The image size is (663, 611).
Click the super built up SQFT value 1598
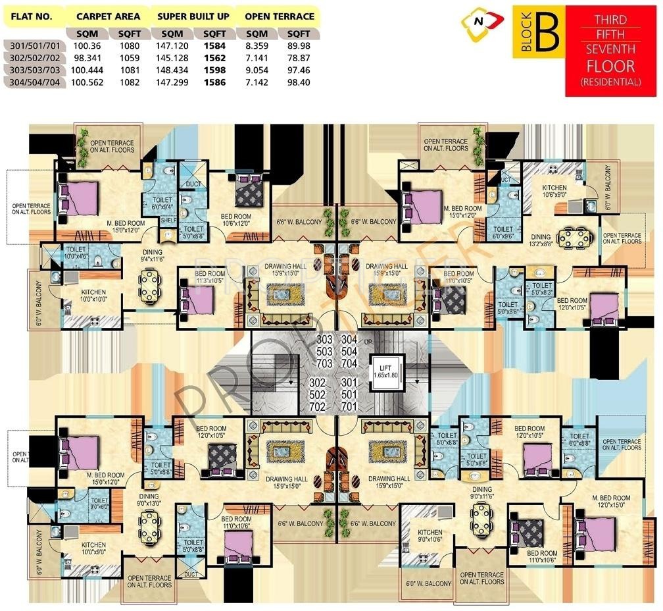(214, 70)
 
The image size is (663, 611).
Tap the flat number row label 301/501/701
(34, 45)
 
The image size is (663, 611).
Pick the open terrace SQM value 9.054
(257, 70)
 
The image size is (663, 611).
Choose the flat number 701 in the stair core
(349, 407)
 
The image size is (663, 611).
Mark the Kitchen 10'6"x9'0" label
(554, 191)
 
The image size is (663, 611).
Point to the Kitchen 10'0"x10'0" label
(93, 296)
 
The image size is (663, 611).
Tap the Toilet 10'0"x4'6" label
(76, 253)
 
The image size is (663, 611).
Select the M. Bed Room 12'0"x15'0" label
(610, 502)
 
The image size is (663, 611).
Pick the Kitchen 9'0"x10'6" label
(428, 537)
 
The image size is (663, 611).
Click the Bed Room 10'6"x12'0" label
(235, 220)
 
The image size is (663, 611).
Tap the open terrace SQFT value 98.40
(299, 82)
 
